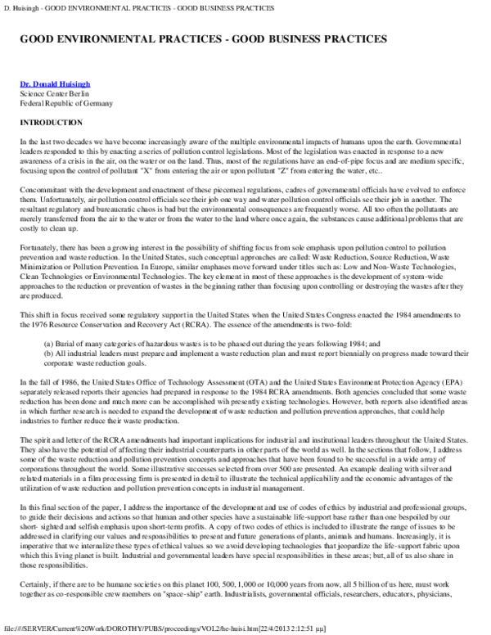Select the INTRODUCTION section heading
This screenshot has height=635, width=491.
point(51,123)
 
